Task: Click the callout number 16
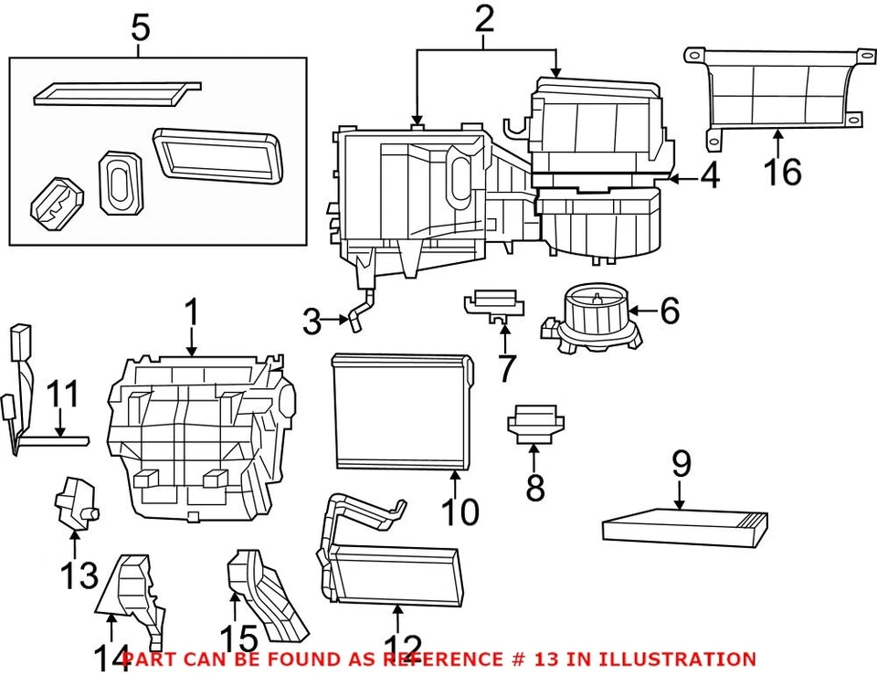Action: point(783,171)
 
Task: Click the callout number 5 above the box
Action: point(140,27)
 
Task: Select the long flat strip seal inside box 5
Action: point(114,92)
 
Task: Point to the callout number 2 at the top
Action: point(484,18)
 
